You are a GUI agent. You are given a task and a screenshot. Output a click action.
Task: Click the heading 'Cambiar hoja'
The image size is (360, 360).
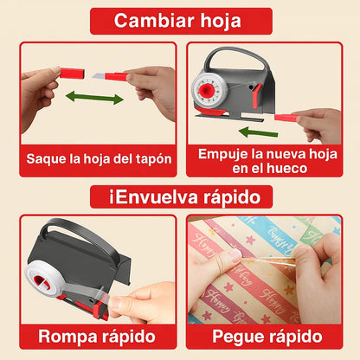(177, 21)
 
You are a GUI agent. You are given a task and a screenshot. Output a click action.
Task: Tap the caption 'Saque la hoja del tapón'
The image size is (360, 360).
(98, 158)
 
